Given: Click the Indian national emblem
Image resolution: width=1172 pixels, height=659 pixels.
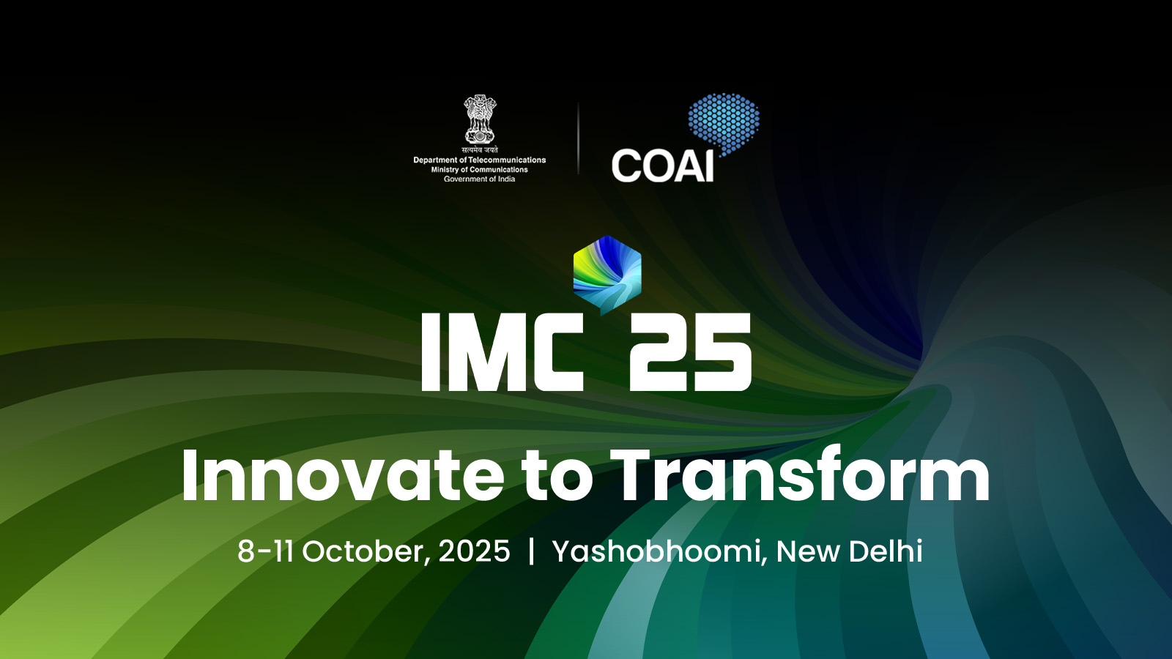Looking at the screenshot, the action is point(479,119).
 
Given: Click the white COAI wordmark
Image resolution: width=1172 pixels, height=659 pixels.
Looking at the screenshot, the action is point(662,166).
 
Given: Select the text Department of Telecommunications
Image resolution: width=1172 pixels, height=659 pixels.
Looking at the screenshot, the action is point(479,160).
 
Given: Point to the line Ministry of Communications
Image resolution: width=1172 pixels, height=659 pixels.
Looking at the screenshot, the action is point(479,169).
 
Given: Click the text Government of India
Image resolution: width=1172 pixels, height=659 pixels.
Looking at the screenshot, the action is point(479,179).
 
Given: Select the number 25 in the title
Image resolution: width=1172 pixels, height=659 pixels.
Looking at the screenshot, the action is point(690,351).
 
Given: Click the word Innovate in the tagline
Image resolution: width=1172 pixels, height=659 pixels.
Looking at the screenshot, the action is point(343,475).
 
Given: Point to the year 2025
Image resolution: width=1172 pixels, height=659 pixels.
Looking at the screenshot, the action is point(474,551).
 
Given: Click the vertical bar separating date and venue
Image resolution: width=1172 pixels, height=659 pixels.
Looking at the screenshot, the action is point(532,552).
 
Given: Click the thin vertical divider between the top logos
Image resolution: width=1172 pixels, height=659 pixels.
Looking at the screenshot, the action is point(578,138).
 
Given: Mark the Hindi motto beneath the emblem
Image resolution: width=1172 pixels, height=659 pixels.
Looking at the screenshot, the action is point(480,149).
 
